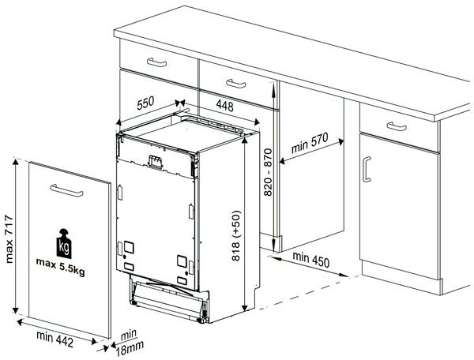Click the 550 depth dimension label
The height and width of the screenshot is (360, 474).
coord(145,103)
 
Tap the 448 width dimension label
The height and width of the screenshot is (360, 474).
coord(224,106)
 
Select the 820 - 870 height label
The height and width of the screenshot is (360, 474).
coord(268,172)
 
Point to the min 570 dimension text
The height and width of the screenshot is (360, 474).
coord(310,143)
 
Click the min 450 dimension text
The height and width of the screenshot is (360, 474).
coord(310,260)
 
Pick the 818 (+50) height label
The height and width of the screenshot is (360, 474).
coord(235,235)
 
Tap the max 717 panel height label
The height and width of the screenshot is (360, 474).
coord(9,238)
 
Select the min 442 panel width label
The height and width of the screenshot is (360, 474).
coord(55,339)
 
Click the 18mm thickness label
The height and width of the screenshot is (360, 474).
coord(130,349)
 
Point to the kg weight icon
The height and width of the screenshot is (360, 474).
coord(64,243)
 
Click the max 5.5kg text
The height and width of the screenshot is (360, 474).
coord(61,267)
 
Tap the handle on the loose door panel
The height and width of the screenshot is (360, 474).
coord(66,190)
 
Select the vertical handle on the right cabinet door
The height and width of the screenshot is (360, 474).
coord(367,170)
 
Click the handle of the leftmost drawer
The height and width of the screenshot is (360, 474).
coord(156,62)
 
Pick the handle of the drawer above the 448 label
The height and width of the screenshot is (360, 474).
coord(235,84)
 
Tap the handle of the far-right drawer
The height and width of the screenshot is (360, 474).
coord(397,126)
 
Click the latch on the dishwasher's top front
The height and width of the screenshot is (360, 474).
coord(156,162)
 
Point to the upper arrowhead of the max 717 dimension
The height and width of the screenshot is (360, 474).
coord(16,162)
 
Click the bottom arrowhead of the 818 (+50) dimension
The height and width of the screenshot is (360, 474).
coord(245,307)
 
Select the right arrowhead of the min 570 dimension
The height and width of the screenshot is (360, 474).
coord(341,141)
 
